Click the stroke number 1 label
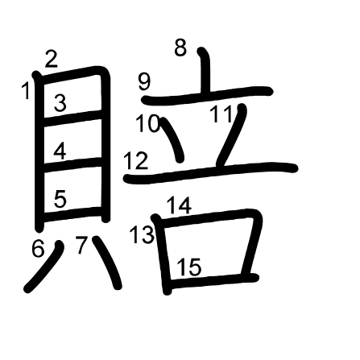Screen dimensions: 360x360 click(26, 91)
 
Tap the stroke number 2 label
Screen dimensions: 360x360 click(52, 59)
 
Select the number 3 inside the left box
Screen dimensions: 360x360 click(60, 103)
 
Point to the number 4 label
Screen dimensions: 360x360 click(60, 151)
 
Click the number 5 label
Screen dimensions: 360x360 click(60, 199)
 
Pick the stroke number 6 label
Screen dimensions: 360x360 click(38, 248)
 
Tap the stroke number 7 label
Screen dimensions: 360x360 click(81, 245)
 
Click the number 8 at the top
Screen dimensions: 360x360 click(180, 48)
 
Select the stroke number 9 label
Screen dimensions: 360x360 click(144, 81)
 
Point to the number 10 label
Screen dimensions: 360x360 click(148, 123)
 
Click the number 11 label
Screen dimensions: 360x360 click(221, 114)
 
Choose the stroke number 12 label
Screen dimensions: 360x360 click(136, 160)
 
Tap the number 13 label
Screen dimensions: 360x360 click(143, 234)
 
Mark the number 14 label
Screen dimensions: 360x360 click(179, 205)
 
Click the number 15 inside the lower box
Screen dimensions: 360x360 click(189, 267)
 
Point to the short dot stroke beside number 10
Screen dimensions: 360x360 click(172, 139)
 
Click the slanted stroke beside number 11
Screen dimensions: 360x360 click(231, 135)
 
